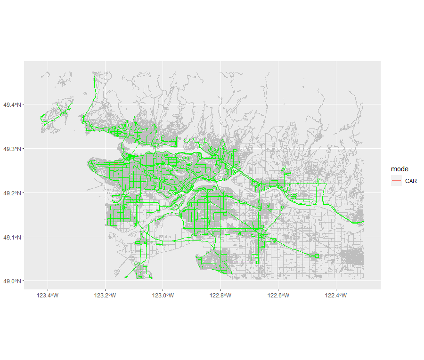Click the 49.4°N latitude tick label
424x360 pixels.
[11, 104]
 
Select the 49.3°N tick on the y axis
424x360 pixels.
[11, 149]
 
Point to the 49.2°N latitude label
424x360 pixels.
[11, 193]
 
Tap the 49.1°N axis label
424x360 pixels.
[11, 237]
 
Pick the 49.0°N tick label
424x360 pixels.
[11, 281]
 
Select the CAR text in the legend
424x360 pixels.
[411, 181]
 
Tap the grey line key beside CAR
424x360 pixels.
[396, 181]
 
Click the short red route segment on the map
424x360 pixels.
[114, 166]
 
